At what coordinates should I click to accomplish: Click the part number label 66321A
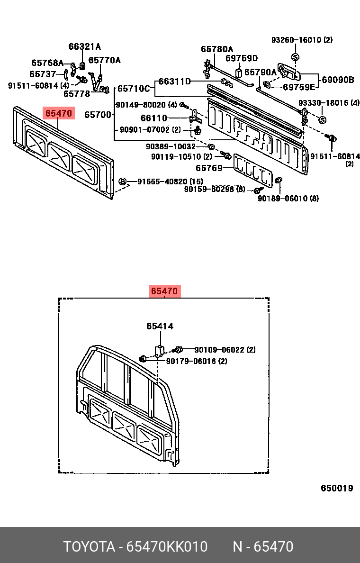[x=85, y=46]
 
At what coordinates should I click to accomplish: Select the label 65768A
[x=47, y=63]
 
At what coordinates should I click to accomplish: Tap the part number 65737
[x=44, y=74]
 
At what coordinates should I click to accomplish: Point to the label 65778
[x=77, y=94]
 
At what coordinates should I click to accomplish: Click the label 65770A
[x=104, y=60]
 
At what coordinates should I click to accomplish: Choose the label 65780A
[x=217, y=49]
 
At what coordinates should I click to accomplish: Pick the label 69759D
[x=241, y=58]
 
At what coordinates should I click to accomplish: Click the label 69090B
[x=338, y=80]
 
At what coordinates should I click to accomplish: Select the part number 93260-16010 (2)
[x=302, y=40]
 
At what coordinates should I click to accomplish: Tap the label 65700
[x=98, y=115]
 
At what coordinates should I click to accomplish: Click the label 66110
[x=153, y=118]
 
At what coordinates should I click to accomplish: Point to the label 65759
[x=209, y=168]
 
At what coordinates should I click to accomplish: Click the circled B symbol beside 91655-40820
[x=122, y=182]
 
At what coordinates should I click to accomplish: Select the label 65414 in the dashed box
[x=160, y=326]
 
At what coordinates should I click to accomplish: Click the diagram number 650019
[x=337, y=488]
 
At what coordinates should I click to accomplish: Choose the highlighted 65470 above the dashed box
[x=164, y=291]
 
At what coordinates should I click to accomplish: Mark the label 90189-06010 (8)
[x=288, y=198]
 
